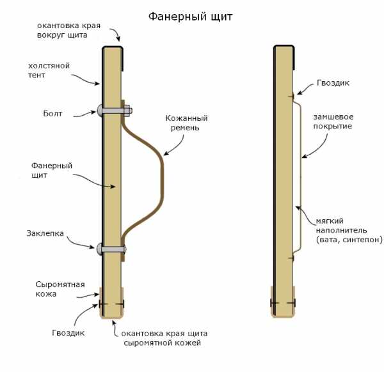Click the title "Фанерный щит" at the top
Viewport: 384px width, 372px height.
click(190, 17)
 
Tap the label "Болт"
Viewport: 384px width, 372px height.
click(52, 114)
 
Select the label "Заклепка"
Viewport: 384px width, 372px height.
click(45, 233)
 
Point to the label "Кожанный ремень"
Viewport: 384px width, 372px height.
click(186, 123)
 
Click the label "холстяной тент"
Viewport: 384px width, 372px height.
click(49, 70)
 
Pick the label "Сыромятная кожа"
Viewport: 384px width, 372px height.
click(60, 289)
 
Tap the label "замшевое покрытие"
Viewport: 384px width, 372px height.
click(333, 121)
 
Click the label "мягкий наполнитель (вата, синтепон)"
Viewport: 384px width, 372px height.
click(349, 230)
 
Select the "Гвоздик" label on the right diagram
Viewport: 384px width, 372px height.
click(333, 83)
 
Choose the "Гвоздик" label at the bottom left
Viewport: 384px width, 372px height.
click(68, 332)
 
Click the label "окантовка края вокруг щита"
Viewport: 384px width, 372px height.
click(69, 30)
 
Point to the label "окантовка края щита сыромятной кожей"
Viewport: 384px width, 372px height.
click(164, 338)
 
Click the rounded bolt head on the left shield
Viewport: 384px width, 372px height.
click(100, 111)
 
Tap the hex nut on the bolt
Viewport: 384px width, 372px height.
click(128, 111)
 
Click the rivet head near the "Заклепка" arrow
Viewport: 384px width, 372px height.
click(99, 249)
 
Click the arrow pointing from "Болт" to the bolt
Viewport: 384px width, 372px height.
click(84, 114)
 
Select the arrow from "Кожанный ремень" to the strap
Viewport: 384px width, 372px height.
click(174, 146)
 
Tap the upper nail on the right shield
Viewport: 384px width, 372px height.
click(291, 97)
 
